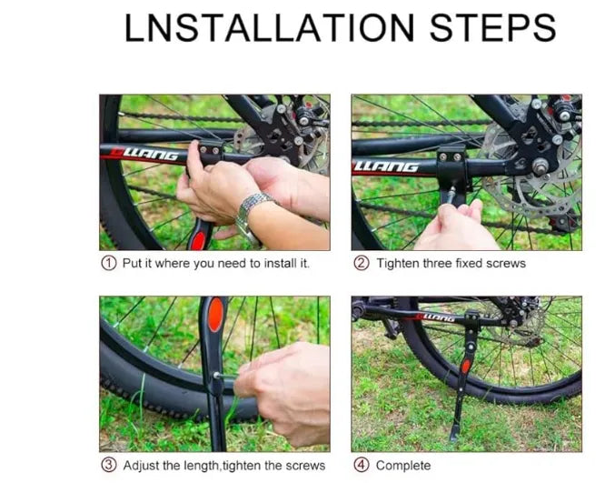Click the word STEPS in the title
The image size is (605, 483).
pos(492,27)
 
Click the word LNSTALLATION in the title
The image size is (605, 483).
pos(269,27)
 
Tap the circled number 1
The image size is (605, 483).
pos(109,264)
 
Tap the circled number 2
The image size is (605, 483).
pos(362,264)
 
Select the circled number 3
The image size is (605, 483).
pos(109,465)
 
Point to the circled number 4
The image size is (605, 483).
pos(362,465)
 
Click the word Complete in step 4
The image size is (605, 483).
pos(403,466)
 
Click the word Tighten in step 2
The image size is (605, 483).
pos(398,264)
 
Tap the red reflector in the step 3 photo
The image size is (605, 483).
pos(215,315)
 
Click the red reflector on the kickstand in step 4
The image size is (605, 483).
pos(466,367)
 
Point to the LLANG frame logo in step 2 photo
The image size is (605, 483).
pos(386,167)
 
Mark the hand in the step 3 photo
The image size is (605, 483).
pos(285,390)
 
